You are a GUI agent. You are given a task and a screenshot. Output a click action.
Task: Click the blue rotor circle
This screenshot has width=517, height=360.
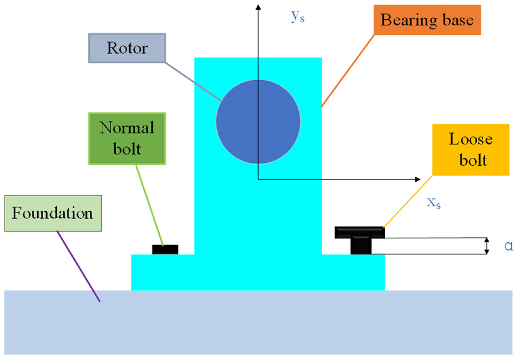tap(258, 122)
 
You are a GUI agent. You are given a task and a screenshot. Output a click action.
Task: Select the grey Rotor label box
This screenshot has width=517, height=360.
tap(127, 48)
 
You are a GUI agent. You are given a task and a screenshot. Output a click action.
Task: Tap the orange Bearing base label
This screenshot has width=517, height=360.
tap(427, 20)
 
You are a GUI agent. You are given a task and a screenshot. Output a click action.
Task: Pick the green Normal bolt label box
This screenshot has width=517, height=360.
tap(127, 139)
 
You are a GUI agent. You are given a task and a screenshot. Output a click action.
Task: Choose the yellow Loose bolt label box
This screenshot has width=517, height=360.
tap(471, 150)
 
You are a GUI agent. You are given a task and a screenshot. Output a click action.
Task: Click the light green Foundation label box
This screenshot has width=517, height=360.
tap(53, 213)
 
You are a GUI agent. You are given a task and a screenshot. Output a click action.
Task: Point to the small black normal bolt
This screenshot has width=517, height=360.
tap(165, 250)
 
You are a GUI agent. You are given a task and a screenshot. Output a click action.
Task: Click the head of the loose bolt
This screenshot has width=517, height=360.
tap(360, 232)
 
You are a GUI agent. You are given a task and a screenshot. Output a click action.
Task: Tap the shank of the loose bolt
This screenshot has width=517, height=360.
tap(361, 246)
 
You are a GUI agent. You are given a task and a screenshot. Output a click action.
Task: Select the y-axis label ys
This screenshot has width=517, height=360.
tap(298, 16)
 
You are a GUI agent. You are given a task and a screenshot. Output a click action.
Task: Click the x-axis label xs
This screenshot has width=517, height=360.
tap(434, 203)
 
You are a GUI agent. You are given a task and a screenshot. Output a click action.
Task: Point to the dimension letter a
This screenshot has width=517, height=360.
tap(508, 246)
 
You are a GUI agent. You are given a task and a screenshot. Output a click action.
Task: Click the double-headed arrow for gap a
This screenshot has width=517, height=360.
tap(486, 246)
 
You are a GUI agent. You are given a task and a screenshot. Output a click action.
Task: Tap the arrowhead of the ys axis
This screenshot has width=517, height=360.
tap(258, 7)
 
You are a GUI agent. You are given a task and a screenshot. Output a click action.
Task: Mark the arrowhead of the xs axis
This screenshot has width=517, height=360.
tap(418, 179)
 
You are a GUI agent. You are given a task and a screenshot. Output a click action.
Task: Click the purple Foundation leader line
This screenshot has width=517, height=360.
tap(78, 266)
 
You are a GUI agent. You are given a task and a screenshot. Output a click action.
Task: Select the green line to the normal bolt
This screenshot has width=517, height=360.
tap(149, 205)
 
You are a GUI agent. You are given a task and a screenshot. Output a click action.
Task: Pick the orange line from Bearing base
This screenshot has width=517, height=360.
tap(348, 71)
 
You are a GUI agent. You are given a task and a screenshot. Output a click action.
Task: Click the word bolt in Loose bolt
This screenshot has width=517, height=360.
tap(473, 160)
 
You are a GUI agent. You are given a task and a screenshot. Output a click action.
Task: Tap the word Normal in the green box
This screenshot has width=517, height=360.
tap(127, 128)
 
